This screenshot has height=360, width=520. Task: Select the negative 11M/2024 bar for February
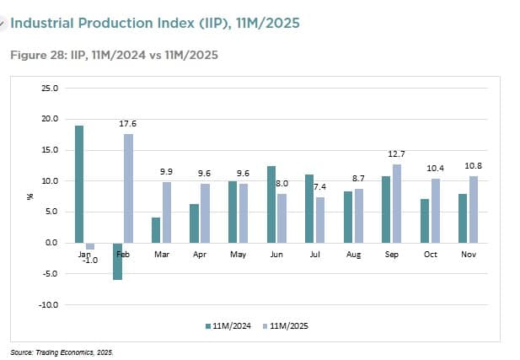118,261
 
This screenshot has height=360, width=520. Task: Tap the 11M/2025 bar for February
129,188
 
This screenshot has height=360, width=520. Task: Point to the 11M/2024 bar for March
156,230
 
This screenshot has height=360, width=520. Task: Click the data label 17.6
128,124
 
